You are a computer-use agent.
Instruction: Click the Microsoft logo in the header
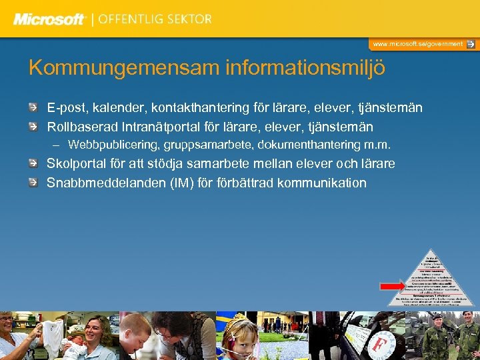point(49,19)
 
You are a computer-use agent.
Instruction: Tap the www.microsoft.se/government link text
point(417,44)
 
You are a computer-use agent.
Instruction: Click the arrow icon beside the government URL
point(471,44)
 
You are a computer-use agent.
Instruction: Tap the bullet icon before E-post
point(33,107)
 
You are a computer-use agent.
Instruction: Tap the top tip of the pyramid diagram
point(431,254)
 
